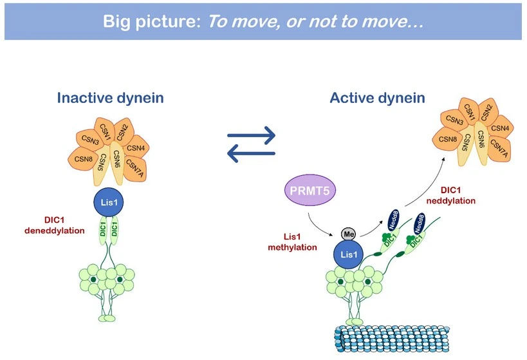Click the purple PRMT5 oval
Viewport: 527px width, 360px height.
tap(311, 191)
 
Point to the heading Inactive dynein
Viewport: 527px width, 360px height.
tap(110, 98)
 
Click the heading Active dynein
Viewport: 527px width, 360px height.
tap(377, 98)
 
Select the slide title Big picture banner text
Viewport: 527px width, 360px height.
tap(263, 21)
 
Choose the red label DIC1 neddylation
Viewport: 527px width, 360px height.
tap(458, 196)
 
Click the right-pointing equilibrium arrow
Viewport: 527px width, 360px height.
tap(252, 135)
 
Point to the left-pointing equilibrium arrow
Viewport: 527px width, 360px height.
tap(252, 153)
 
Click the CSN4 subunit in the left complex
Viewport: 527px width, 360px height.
tap(136, 148)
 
